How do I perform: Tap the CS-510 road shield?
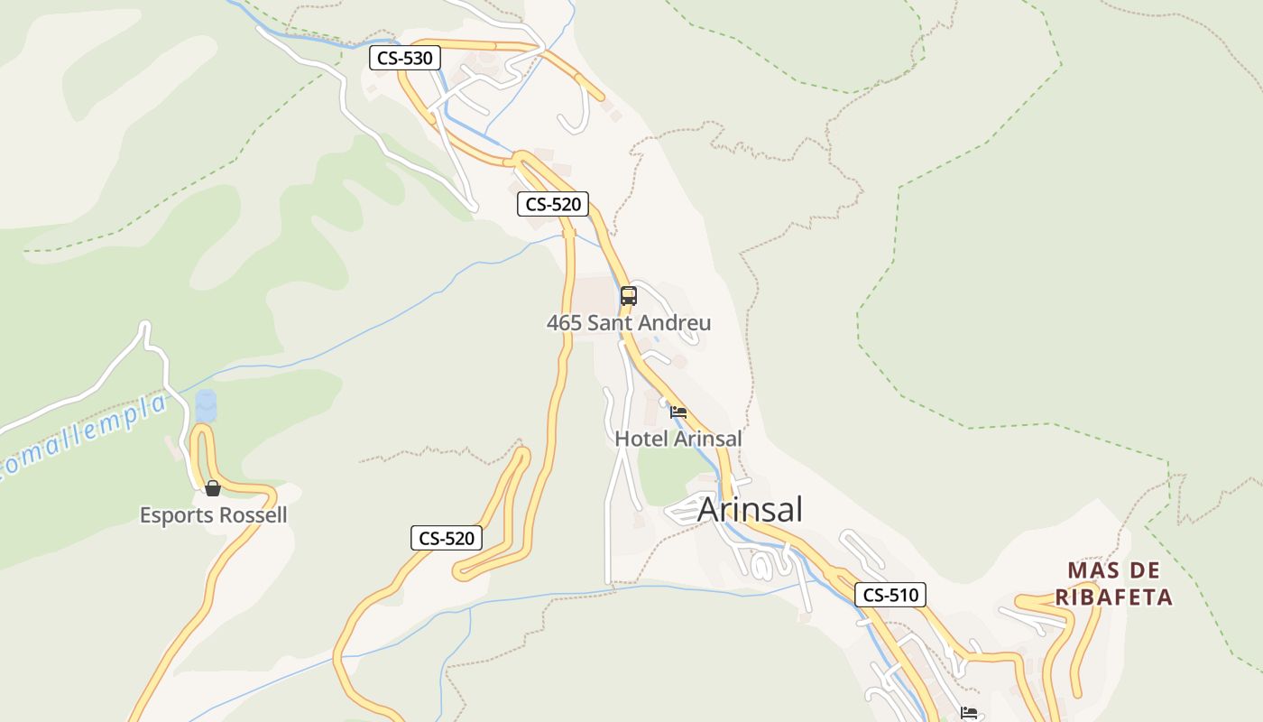[x=890, y=595]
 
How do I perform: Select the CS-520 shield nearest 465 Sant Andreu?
[x=553, y=205]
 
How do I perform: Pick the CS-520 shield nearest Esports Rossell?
[x=447, y=539]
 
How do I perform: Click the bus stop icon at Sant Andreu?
[x=629, y=295]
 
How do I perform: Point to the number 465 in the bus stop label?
[x=564, y=323]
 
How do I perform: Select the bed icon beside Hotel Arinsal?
[x=678, y=412]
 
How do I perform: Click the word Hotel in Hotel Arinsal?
[x=641, y=439]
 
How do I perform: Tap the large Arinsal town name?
[x=750, y=510]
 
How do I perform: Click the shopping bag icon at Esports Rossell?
[x=213, y=488]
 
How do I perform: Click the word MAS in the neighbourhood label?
[x=1089, y=570]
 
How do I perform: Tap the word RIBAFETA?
[x=1114, y=597]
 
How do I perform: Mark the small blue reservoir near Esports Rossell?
[x=207, y=405]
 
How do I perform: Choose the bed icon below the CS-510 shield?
[x=968, y=713]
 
